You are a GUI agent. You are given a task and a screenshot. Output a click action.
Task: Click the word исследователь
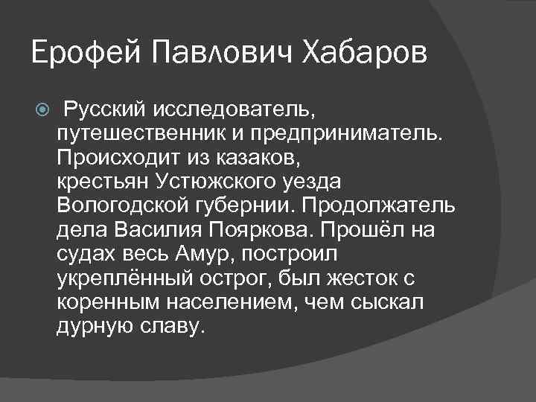point(235,111)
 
